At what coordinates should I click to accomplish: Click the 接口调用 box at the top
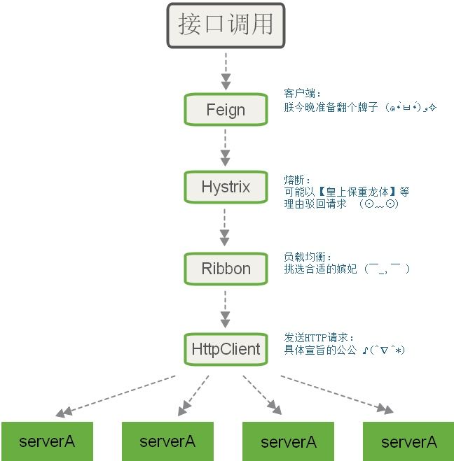coord(225,25)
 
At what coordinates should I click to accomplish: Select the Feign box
coord(226,109)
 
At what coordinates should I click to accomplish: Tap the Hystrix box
coord(226,187)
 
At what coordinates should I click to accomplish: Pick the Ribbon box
coord(226,268)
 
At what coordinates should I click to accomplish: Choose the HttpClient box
coord(226,348)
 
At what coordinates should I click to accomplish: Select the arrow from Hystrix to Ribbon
coord(225,227)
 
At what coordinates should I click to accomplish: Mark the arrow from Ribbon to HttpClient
coord(225,308)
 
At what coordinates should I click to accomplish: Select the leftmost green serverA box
coord(47,441)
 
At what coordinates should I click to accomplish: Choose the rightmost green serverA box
coord(408,441)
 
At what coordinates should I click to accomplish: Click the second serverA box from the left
coord(167,441)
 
